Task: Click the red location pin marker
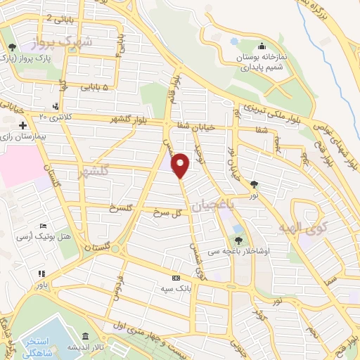(x=181, y=165)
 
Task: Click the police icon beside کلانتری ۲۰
(x=56, y=105)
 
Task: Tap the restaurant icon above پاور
(x=42, y=274)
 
